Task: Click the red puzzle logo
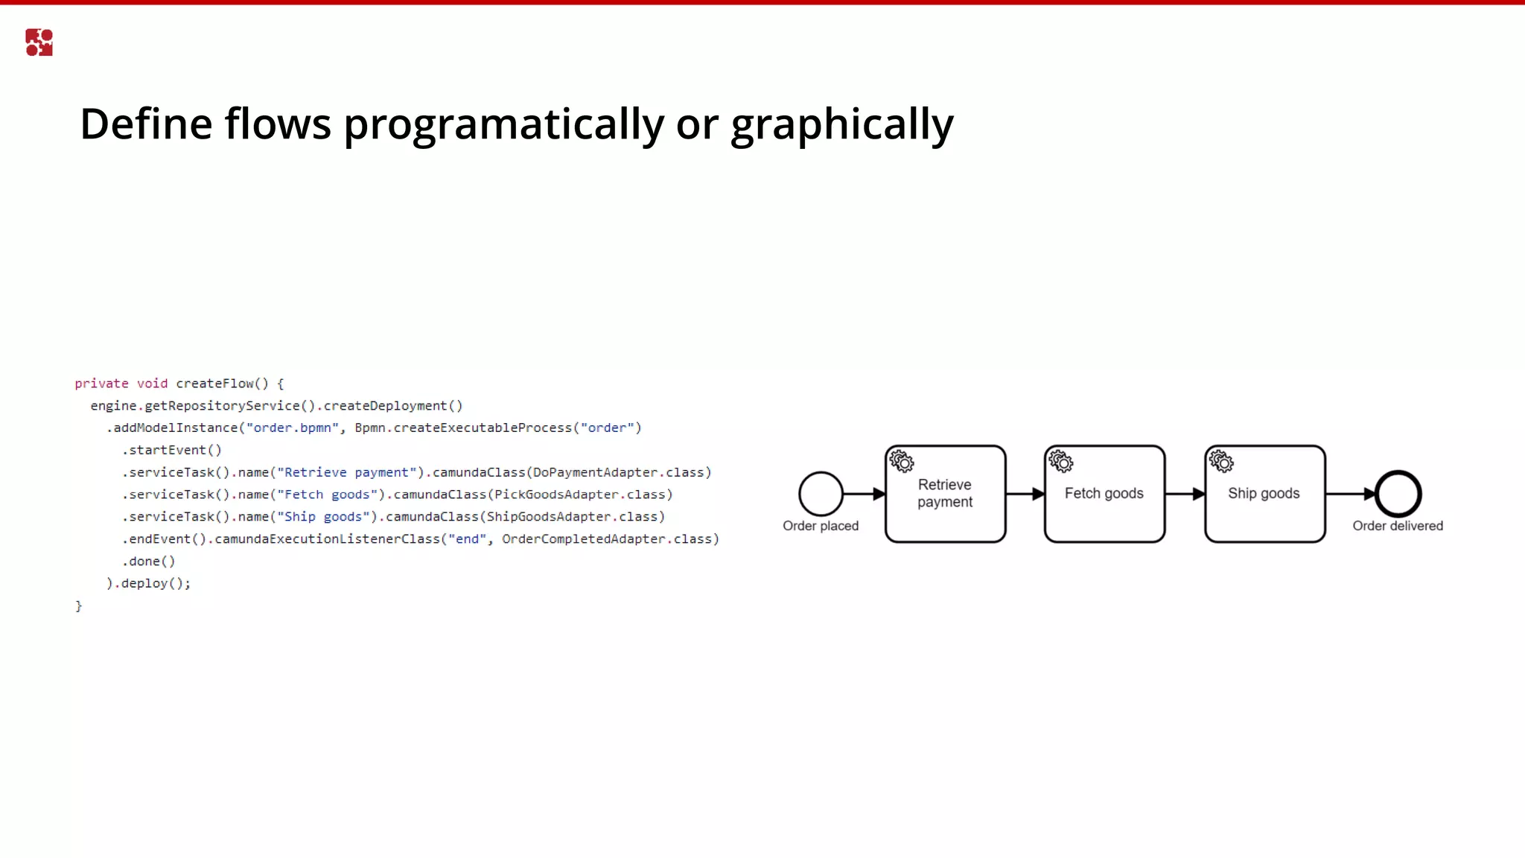39,42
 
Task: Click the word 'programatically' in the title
503,124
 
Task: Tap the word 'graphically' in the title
841,124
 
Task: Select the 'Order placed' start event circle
821,494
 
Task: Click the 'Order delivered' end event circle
1398,494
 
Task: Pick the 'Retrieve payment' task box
945,494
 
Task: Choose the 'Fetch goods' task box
1104,494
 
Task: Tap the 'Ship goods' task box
1264,494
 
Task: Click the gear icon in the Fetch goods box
1061,462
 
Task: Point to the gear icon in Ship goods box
1221,462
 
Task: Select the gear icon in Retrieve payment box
902,462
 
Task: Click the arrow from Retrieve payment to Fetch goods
1025,494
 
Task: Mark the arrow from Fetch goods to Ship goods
1185,494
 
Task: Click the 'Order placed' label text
821,526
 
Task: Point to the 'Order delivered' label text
1398,526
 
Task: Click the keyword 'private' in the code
101,384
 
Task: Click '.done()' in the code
149,562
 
